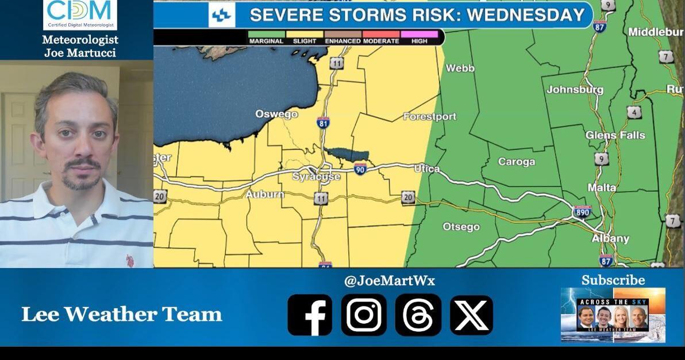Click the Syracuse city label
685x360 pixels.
316,177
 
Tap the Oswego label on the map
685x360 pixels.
276,114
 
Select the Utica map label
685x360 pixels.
426,168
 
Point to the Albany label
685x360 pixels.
610,239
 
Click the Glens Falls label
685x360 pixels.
615,135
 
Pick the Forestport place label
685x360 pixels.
429,117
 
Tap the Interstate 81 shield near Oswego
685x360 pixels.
323,122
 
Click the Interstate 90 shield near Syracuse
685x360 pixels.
360,168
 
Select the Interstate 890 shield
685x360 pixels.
582,212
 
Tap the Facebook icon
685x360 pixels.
310,315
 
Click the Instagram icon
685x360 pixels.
364,315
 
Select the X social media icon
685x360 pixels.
471,315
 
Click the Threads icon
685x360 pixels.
418,315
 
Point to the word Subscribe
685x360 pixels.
613,280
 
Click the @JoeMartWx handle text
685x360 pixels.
389,281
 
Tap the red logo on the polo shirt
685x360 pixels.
130,261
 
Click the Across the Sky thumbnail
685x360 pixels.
613,315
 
